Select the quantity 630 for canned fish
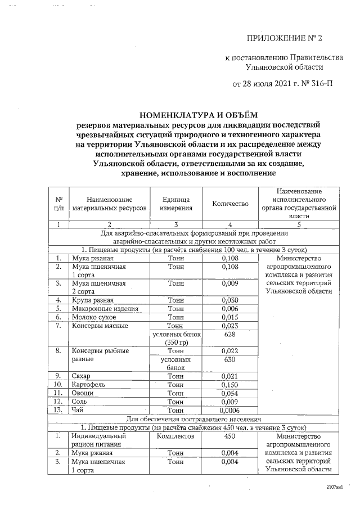tap(229, 359)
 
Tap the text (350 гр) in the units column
tap(176, 342)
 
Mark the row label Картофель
tap(89, 384)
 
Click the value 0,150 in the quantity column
tap(229, 384)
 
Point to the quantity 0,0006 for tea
tap(229, 410)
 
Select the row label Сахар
tap(82, 376)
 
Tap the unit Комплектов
tap(176, 436)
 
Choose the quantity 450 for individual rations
tap(229, 436)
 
